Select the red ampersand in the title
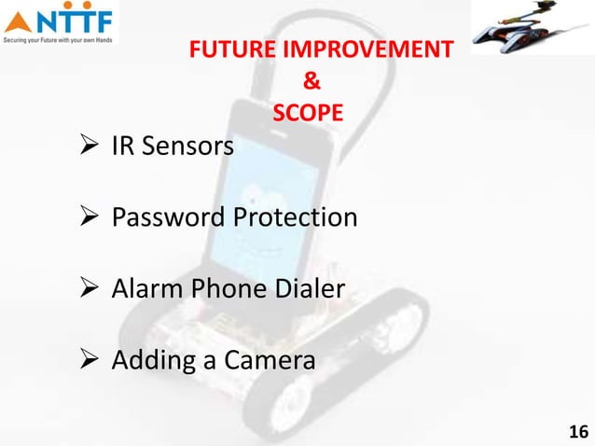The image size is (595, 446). pos(307,81)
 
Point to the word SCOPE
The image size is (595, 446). pos(307,113)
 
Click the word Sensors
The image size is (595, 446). pos(190,146)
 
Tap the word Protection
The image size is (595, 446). pos(295,219)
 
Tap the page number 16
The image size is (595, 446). pos(578,431)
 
